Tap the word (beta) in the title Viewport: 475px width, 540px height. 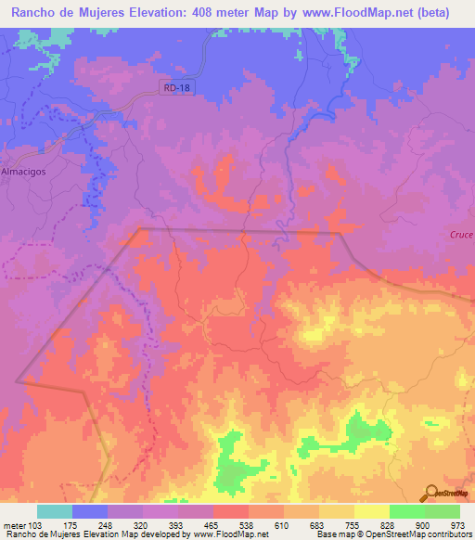coord(431,12)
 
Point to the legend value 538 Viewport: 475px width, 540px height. coord(248,524)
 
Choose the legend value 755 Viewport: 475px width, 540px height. coord(353,524)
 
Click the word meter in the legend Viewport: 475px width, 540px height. coord(13,524)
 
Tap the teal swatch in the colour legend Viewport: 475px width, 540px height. coord(55,511)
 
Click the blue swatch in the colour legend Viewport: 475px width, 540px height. coord(90,511)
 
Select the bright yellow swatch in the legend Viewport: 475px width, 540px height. coord(371,511)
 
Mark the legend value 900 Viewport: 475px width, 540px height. coord(424,524)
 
